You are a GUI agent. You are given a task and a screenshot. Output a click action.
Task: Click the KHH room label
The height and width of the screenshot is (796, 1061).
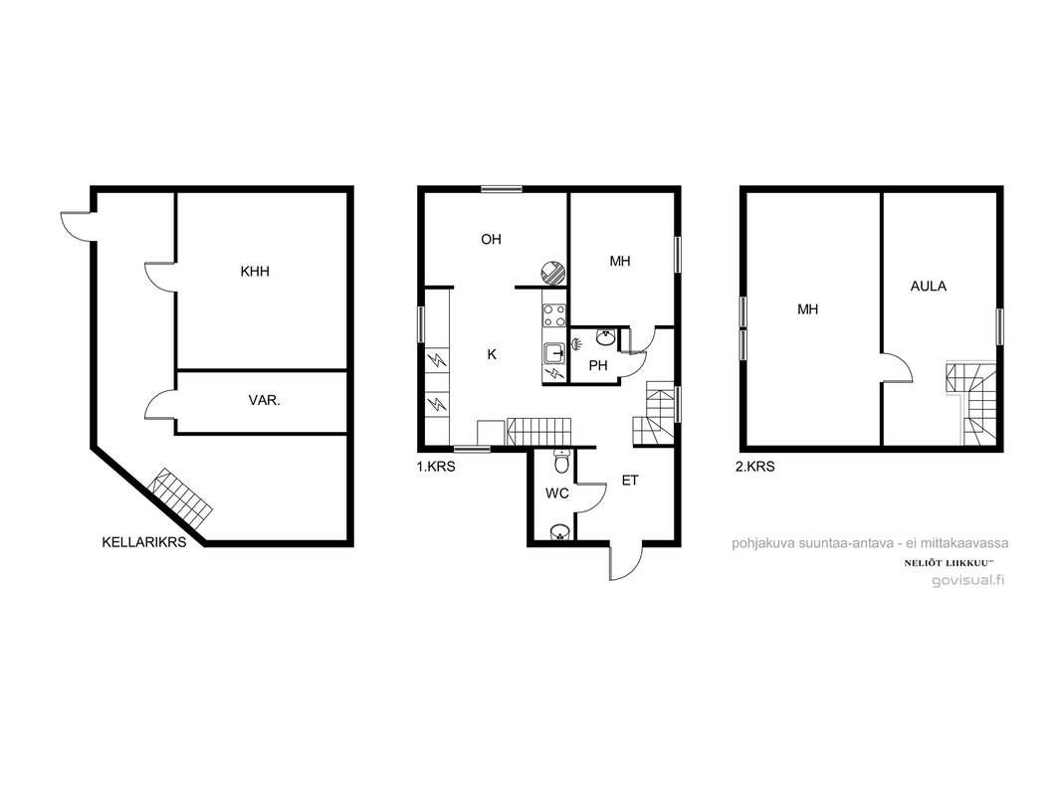click(x=255, y=272)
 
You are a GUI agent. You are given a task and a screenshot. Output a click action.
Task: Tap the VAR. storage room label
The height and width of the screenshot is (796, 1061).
click(x=264, y=400)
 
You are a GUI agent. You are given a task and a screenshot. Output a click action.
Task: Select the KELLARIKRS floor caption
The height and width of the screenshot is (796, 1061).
click(x=144, y=542)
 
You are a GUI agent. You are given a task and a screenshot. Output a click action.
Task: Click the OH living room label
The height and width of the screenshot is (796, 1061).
click(x=492, y=240)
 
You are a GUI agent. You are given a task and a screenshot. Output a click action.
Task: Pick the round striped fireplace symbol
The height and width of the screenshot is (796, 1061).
click(x=552, y=272)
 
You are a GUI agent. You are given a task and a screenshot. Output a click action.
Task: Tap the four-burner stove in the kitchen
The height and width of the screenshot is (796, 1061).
click(x=554, y=315)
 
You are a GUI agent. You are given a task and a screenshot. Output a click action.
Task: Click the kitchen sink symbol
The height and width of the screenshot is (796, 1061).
click(x=554, y=352)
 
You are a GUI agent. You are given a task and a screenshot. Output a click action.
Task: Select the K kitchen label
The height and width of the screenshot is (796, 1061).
click(x=492, y=354)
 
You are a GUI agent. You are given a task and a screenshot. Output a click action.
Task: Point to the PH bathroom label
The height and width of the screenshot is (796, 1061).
click(x=598, y=366)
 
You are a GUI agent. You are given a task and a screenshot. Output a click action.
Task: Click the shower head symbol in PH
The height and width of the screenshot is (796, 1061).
click(x=576, y=344)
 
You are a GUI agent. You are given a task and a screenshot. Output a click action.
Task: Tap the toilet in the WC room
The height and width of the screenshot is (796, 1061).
click(x=561, y=462)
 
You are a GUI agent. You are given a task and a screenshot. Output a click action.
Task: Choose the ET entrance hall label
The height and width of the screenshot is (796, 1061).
click(x=630, y=481)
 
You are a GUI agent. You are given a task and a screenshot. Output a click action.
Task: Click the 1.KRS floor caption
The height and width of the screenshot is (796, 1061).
click(x=436, y=467)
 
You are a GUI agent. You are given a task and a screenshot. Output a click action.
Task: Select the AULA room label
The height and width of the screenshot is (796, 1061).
click(x=929, y=287)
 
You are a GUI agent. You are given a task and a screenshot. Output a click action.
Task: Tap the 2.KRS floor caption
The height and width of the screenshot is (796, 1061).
click(x=755, y=467)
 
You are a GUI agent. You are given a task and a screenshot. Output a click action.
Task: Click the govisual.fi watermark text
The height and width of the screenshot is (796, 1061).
click(x=968, y=580)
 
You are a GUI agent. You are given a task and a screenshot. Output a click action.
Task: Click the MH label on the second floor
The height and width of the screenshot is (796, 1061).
click(x=808, y=309)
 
